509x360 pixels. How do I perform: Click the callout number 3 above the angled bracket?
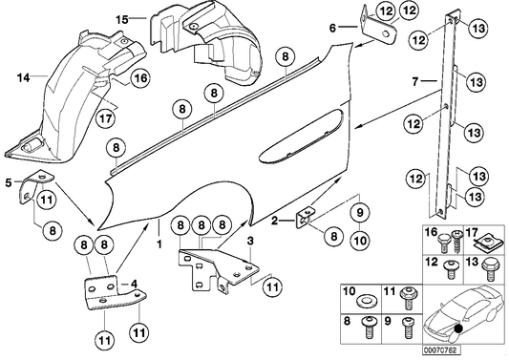[x=249, y=241]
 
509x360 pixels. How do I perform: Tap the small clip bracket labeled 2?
[x=308, y=218]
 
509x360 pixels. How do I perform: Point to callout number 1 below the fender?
[x=159, y=243]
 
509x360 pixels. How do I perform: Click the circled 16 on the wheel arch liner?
[x=139, y=80]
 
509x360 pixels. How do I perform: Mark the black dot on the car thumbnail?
[x=462, y=331]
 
